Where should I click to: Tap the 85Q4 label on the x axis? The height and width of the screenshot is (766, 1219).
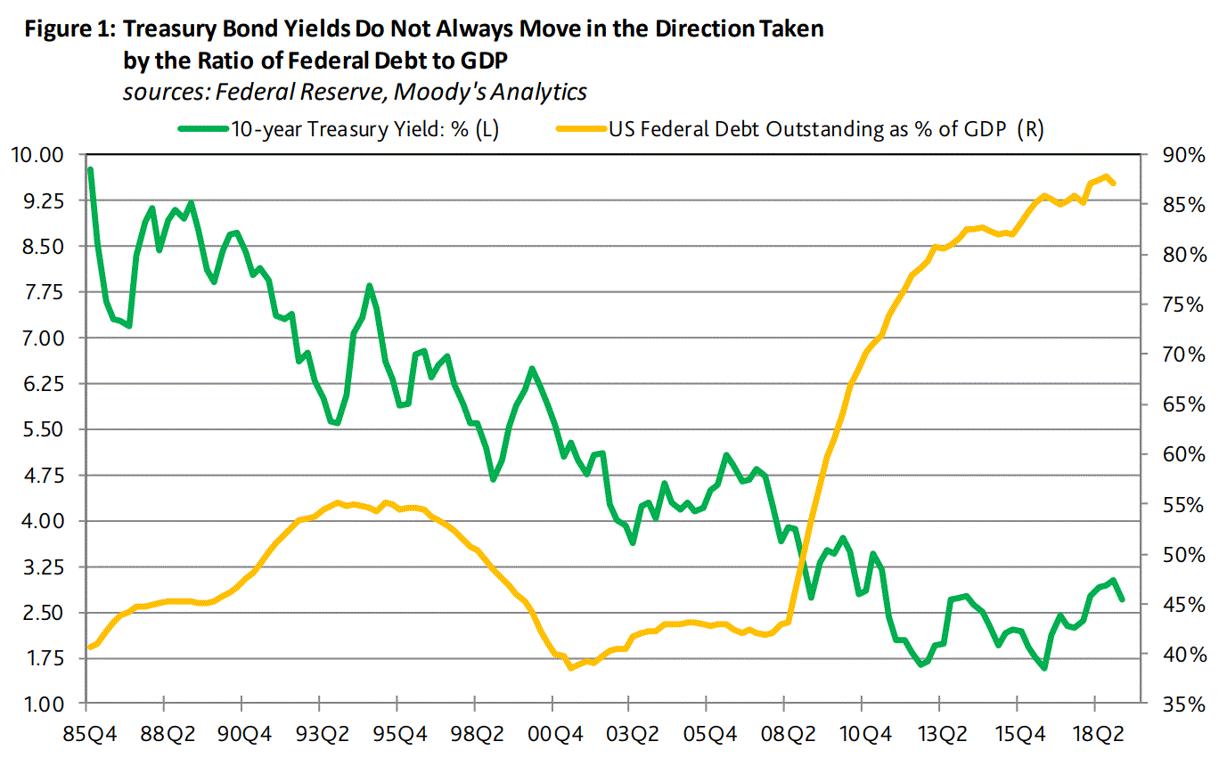pos(86,737)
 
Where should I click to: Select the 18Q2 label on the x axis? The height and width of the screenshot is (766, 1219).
pos(1093,737)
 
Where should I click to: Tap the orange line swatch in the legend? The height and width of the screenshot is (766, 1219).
pos(580,128)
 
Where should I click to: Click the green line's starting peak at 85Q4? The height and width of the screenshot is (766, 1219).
pos(90,169)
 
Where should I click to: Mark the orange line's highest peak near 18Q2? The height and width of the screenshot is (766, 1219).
pos(1106,176)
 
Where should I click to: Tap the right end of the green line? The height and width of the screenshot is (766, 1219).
pos(1121,599)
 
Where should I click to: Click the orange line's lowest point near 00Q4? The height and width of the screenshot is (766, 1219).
pos(571,667)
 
